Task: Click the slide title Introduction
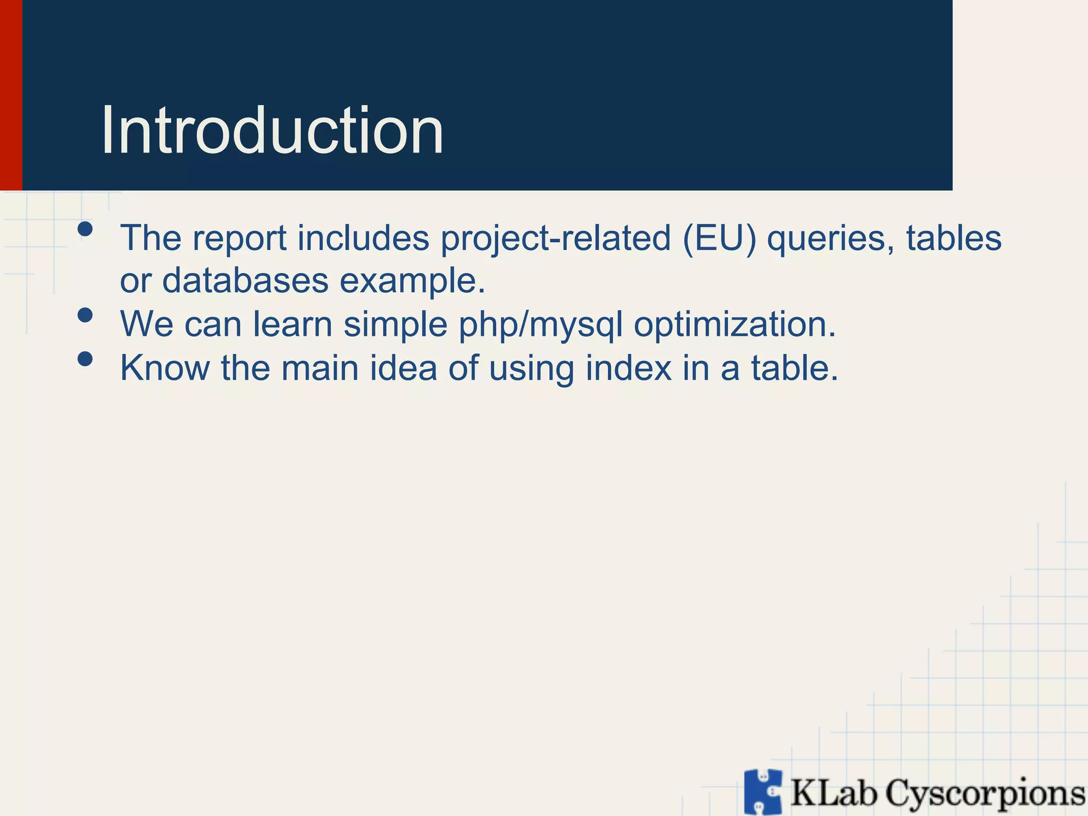[272, 131]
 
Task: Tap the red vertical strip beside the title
[11, 96]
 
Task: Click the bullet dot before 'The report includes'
[85, 229]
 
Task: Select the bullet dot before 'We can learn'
[85, 316]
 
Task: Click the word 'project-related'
[556, 238]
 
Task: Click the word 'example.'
[412, 282]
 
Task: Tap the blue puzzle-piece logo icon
[763, 791]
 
